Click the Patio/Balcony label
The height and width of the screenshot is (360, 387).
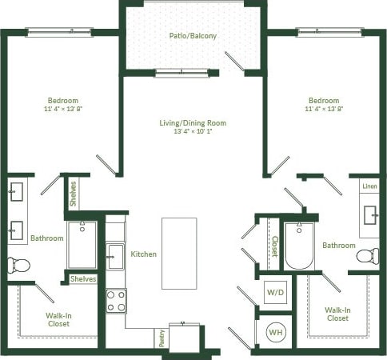point(193,36)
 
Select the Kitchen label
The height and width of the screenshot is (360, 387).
point(143,254)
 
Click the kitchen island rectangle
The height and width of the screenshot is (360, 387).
point(179,253)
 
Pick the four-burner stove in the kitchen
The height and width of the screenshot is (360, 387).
point(117,300)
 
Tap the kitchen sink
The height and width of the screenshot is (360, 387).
point(116,256)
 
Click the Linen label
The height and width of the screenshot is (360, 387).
point(369,186)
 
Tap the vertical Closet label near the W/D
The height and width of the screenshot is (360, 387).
point(274,245)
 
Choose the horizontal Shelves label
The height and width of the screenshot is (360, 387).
point(83,279)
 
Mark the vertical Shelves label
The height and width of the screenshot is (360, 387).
point(74,194)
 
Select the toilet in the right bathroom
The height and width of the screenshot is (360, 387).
point(367,257)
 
